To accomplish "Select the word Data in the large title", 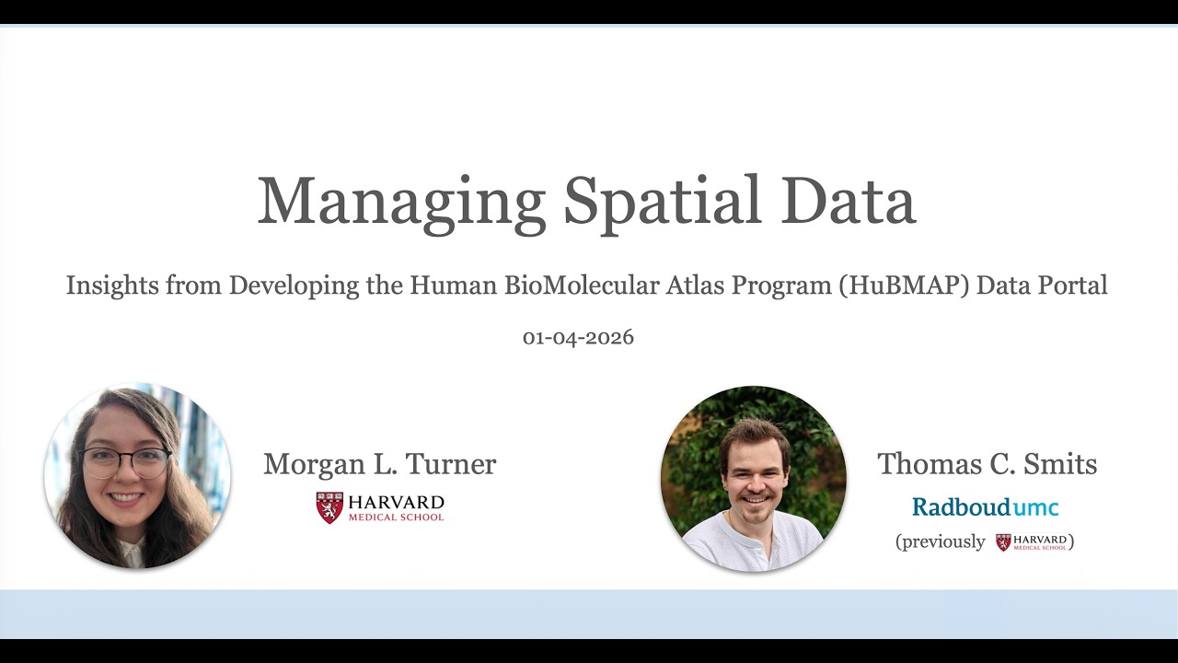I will [x=848, y=202].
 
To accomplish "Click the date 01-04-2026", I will [x=578, y=337].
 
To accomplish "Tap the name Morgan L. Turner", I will [x=379, y=464].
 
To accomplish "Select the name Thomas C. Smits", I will [x=987, y=464].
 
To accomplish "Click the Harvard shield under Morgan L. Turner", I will [x=329, y=507].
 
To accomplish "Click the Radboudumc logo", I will [x=985, y=506].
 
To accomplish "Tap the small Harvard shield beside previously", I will [x=1003, y=542].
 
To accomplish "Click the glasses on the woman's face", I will [x=127, y=461].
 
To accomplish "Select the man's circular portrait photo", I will [x=753, y=479].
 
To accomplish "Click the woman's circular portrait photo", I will [x=137, y=476].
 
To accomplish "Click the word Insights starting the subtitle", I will [x=112, y=285].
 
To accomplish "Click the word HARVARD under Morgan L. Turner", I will [x=396, y=503].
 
